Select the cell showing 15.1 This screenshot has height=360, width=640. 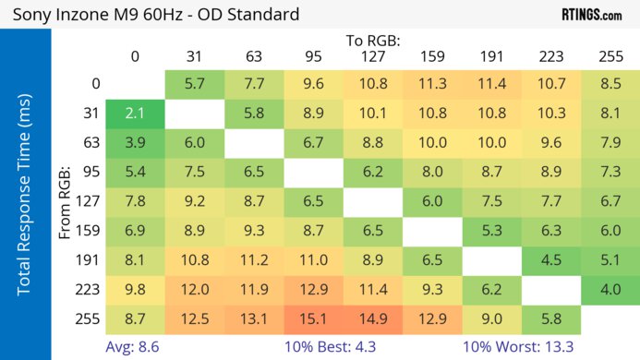[x=313, y=318]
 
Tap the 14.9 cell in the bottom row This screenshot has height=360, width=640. [x=373, y=318]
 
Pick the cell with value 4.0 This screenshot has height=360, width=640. [x=610, y=289]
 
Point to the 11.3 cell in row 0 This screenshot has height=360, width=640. [x=432, y=83]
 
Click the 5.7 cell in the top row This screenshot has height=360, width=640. [x=194, y=83]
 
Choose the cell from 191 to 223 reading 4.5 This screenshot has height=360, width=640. [x=550, y=259]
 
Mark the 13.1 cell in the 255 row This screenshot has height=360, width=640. [x=254, y=318]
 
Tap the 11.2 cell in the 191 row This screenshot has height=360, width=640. [x=254, y=259]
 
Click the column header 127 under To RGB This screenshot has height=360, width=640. [x=373, y=56]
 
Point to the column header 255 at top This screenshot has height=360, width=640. [x=610, y=56]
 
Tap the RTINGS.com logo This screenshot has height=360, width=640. [x=592, y=15]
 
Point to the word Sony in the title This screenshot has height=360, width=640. [x=30, y=15]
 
